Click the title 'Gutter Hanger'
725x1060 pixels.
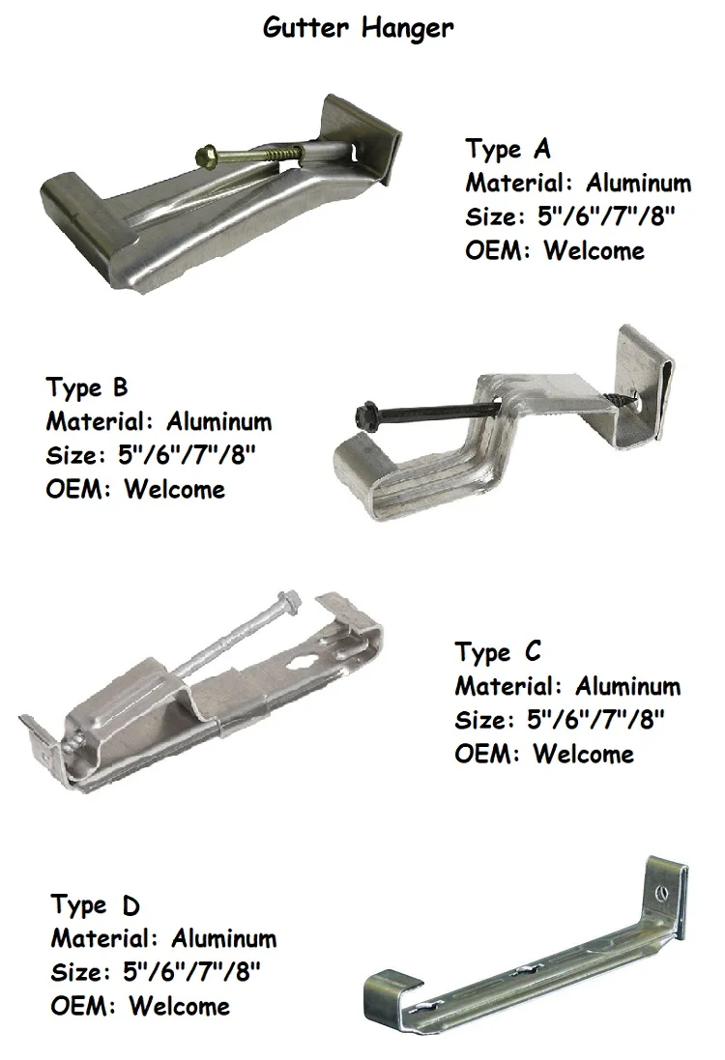pyautogui.click(x=358, y=28)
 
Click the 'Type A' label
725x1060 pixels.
pyautogui.click(x=507, y=149)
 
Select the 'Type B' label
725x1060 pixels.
pyautogui.click(x=86, y=387)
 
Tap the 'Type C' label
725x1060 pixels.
pyautogui.click(x=498, y=652)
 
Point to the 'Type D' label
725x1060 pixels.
pyautogui.click(x=95, y=905)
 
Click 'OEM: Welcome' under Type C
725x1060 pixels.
pyautogui.click(x=544, y=754)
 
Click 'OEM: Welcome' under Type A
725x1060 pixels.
pyautogui.click(x=555, y=250)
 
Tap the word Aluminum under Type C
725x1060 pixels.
pyautogui.click(x=628, y=686)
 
